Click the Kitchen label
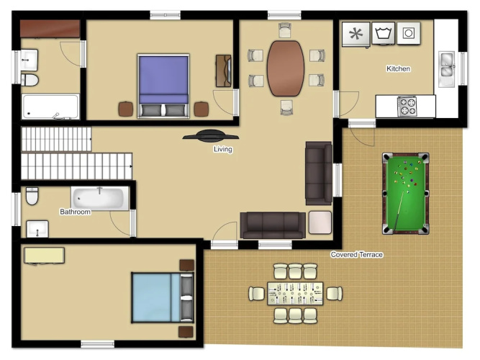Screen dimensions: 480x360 398,68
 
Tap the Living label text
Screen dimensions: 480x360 223,149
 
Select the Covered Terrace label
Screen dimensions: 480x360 357,255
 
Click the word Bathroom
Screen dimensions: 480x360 75,212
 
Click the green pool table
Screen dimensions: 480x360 406,194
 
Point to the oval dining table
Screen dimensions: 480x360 286,68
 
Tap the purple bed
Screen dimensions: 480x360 163,86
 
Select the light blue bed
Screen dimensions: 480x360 163,297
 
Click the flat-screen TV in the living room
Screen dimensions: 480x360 211,136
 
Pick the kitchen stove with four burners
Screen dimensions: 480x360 407,106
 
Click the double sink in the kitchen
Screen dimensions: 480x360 446,69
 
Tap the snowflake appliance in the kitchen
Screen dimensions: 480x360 356,34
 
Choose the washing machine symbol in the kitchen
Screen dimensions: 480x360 384,33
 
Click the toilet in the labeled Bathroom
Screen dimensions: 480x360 32,196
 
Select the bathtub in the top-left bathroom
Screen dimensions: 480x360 50,107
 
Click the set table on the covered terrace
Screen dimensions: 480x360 295,294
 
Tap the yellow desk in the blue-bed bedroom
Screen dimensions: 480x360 44,256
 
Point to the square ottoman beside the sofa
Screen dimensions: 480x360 320,222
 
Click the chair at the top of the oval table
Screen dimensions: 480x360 285,30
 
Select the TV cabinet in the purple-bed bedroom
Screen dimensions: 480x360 224,71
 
